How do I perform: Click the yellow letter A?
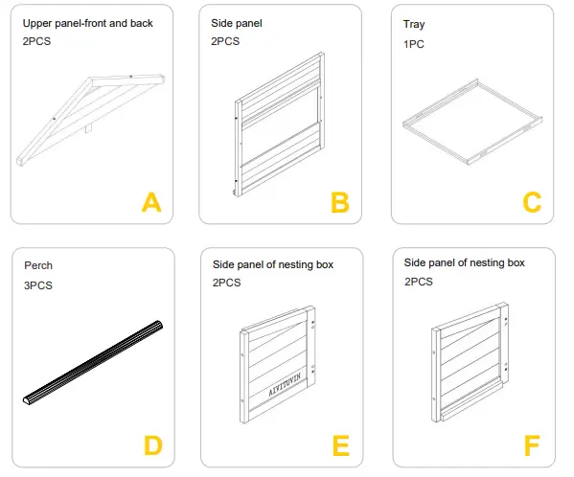tap(151, 202)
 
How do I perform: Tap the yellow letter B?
tap(340, 202)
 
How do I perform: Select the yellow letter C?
tap(532, 202)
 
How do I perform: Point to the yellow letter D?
tap(153, 445)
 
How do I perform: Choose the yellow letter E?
tap(341, 445)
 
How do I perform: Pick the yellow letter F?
tap(532, 445)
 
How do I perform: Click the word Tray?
tap(414, 25)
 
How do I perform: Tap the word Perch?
tap(38, 265)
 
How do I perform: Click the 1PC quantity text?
tap(414, 44)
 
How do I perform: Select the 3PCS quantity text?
tap(38, 285)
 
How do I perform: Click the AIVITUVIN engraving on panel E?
tap(285, 384)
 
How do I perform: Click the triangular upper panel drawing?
tap(90, 121)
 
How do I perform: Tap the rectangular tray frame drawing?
tap(472, 122)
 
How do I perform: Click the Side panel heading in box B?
tap(237, 23)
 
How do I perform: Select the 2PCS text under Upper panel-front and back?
tap(36, 41)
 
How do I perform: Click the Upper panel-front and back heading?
tap(88, 23)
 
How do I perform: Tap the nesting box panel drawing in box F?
tap(471, 362)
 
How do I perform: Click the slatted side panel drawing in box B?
tap(280, 125)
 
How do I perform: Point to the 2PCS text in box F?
tap(419, 282)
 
